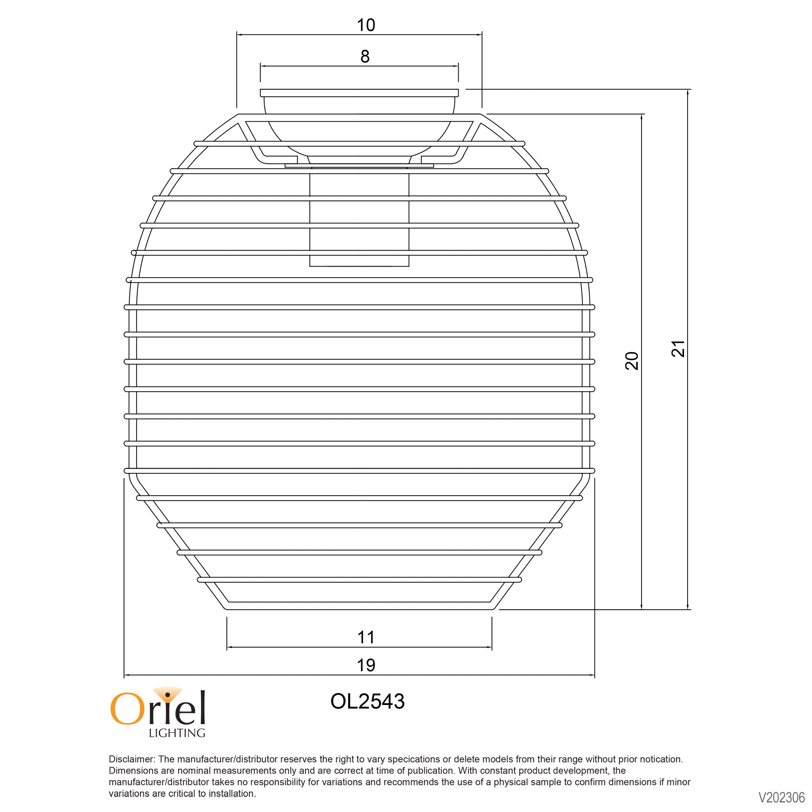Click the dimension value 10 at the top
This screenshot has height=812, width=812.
coord(366,25)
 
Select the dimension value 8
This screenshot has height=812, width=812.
coord(365,56)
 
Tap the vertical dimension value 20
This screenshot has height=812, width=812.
coord(632,360)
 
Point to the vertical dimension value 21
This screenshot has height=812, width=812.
coord(678,349)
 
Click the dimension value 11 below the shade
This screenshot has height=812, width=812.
coord(366,637)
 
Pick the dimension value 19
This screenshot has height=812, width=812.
coord(366,665)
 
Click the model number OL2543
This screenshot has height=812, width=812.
coord(367,701)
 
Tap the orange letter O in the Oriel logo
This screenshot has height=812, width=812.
coord(125,710)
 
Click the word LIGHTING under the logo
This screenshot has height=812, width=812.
coord(177,733)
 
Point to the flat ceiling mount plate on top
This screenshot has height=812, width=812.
coord(359,93)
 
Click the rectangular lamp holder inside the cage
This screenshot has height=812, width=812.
coord(359,219)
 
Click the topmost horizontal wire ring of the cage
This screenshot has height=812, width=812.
coord(359,143)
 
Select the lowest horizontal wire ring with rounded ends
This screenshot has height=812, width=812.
coord(359,579)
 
